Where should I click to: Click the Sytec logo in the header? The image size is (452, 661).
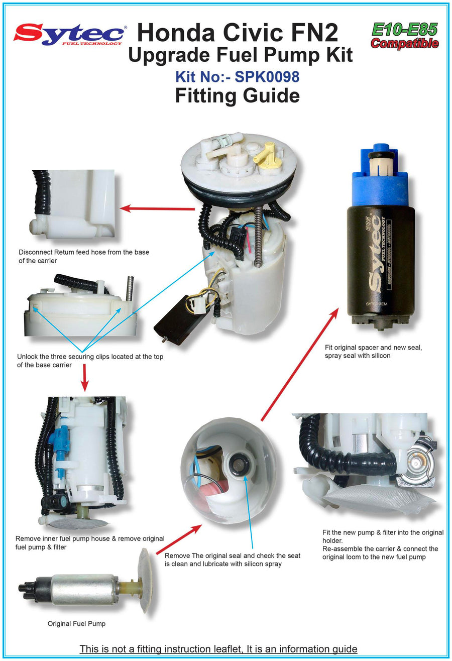[x=70, y=35]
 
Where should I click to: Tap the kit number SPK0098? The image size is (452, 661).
[x=267, y=77]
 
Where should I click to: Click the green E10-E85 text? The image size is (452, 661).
[x=404, y=29]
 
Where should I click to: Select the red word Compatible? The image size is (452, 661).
[x=404, y=43]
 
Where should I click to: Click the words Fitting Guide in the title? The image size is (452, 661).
[x=238, y=95]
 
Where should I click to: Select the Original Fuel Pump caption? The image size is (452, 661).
[x=76, y=623]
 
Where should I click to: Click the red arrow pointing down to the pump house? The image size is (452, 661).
[x=85, y=378]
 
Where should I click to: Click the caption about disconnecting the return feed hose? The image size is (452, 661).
[x=84, y=256]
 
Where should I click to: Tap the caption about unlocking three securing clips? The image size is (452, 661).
[x=90, y=361]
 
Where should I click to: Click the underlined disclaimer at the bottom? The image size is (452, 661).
[x=218, y=648]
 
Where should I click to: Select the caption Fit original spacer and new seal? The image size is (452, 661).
[x=373, y=347]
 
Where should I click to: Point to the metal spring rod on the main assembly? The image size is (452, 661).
[x=259, y=236]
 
